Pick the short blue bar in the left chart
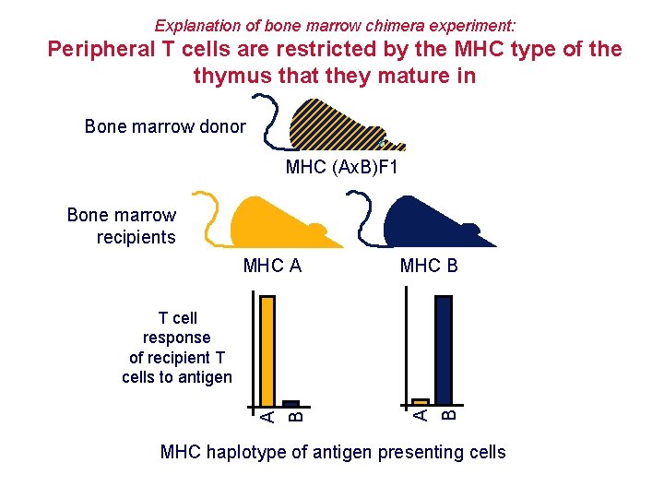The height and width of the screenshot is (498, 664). click(x=291, y=403)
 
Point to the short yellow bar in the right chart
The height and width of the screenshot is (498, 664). click(x=421, y=401)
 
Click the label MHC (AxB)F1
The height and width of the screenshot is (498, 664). click(x=342, y=168)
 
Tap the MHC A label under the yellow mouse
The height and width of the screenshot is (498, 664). click(x=273, y=267)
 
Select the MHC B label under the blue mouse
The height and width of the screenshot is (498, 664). click(x=429, y=267)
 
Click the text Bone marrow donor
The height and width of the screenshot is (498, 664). click(x=165, y=126)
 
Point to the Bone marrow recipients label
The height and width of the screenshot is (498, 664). click(x=122, y=226)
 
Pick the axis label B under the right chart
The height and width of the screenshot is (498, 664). click(x=447, y=416)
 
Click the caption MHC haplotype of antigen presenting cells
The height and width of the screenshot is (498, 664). click(x=333, y=452)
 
